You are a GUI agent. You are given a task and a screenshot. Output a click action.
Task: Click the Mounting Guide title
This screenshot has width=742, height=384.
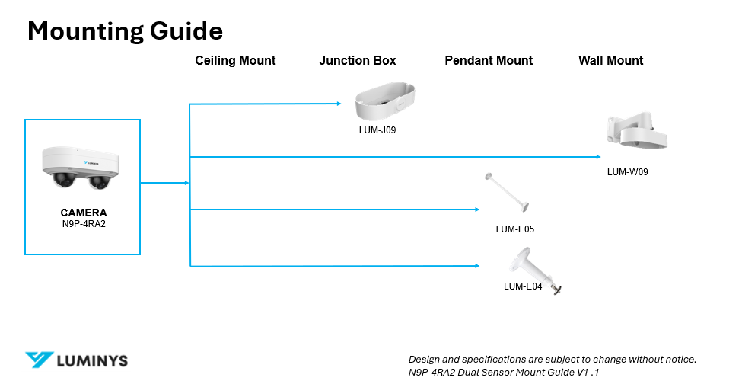pyautogui.click(x=125, y=31)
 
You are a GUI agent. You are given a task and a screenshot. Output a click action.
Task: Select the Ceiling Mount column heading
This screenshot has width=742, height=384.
pyautogui.click(x=235, y=61)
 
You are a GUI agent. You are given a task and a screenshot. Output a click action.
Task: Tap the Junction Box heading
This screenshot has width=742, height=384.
pyautogui.click(x=357, y=61)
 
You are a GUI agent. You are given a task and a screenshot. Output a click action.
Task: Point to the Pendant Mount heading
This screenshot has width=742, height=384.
pyautogui.click(x=489, y=61)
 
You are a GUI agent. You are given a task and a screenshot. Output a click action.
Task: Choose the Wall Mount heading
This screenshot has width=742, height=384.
pyautogui.click(x=610, y=61)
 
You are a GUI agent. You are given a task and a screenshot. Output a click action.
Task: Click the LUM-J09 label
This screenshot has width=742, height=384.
pyautogui.click(x=377, y=130)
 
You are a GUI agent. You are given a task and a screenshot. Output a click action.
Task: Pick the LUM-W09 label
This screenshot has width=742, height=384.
pyautogui.click(x=628, y=172)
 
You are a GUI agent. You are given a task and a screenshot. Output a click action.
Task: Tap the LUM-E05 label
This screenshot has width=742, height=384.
pyautogui.click(x=515, y=229)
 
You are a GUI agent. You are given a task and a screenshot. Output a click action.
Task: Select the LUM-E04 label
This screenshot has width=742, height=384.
pyautogui.click(x=522, y=286)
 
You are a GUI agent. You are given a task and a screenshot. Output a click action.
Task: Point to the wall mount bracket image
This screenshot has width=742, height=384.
pyautogui.click(x=637, y=130)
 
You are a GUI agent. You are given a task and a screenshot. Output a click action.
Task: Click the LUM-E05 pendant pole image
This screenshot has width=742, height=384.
pyautogui.click(x=507, y=192)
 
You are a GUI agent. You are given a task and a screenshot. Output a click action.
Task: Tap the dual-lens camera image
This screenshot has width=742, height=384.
pyautogui.click(x=81, y=168)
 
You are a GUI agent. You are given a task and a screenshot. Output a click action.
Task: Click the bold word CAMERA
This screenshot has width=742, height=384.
pyautogui.click(x=84, y=213)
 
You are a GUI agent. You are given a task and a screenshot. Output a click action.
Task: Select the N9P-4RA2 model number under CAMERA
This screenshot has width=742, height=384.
pyautogui.click(x=84, y=224)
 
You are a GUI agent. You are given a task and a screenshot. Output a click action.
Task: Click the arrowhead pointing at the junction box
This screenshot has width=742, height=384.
pyautogui.click(x=339, y=103)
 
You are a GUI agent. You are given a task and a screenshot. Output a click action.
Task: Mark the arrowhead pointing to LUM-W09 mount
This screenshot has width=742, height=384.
pyautogui.click(x=599, y=157)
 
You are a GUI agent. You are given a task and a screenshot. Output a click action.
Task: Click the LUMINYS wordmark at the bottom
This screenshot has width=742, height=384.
pyautogui.click(x=92, y=361)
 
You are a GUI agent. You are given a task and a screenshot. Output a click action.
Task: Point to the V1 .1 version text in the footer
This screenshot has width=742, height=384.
pyautogui.click(x=588, y=372)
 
